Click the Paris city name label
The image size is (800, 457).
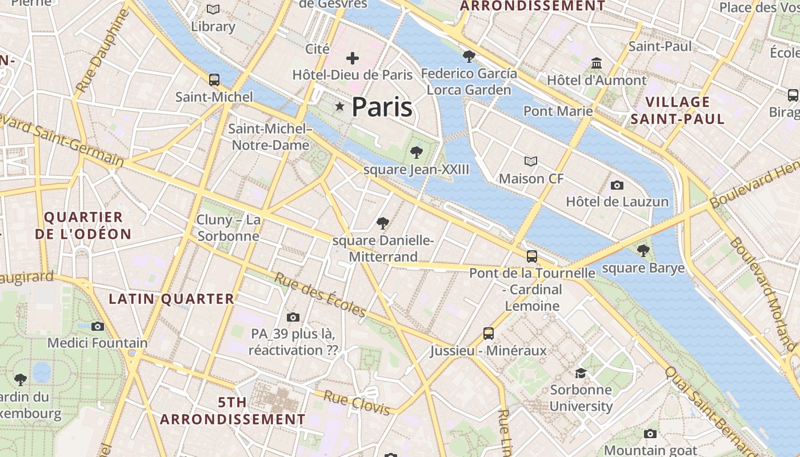[382, 107]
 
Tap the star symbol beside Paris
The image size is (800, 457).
[340, 106]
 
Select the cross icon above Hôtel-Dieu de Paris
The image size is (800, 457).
[353, 58]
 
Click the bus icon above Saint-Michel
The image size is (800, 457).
[214, 80]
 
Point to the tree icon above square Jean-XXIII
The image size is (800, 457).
[417, 152]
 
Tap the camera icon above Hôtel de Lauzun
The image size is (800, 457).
[617, 185]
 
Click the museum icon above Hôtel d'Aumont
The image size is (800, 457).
[597, 63]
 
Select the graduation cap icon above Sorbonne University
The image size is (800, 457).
[581, 373]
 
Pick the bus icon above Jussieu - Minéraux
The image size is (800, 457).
[488, 333]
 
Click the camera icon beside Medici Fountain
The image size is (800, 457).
[98, 326]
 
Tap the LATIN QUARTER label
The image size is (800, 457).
[171, 299]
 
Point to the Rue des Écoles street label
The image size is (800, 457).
[320, 295]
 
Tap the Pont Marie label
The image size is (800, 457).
[558, 111]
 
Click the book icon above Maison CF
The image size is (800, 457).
[531, 162]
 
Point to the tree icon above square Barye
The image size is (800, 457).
[643, 250]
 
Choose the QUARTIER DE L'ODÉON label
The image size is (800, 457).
[83, 226]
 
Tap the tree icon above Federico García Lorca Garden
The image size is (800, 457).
[469, 56]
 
